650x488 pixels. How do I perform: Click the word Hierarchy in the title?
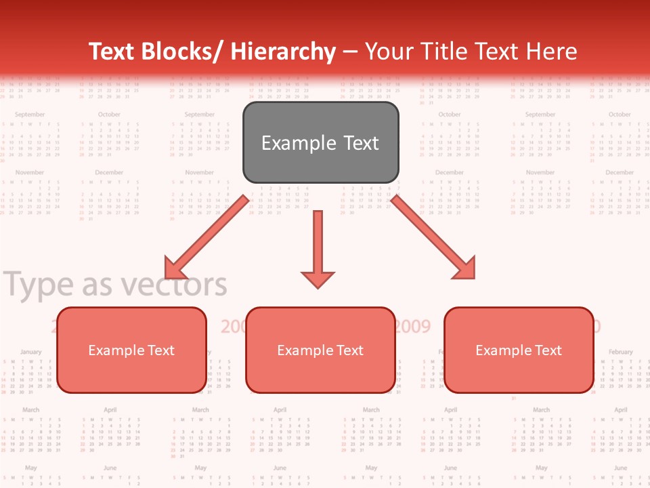pos(283,52)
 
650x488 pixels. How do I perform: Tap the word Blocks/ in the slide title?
pos(182,52)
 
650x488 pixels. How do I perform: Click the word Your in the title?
pos(388,52)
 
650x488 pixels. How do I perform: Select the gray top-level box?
pos(320,142)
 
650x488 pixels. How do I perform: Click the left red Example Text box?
pos(131,350)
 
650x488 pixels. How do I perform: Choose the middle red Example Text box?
pos(320,350)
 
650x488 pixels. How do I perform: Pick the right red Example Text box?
pos(519,350)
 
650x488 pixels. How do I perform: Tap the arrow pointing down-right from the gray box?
pos(434,237)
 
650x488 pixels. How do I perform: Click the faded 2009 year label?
pos(412,327)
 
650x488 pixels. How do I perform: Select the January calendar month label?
pos(30,352)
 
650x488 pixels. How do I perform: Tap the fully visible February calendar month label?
pos(620,352)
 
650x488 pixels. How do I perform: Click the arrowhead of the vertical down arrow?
pos(318,279)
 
